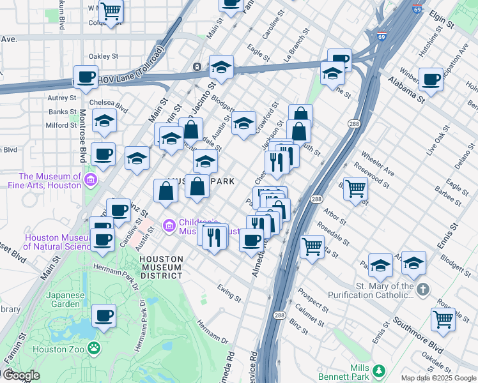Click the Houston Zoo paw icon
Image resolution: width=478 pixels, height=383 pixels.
(x=95, y=348)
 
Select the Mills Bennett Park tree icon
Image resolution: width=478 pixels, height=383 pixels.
(x=379, y=370)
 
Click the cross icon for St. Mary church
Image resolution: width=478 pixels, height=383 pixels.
(x=422, y=290)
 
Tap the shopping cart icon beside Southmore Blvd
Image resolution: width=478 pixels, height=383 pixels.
(x=443, y=319)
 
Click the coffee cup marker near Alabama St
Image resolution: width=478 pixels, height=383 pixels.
(x=431, y=79)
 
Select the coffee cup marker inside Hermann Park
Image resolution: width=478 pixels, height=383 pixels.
(x=104, y=315)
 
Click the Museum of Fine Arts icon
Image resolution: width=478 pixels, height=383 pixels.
(x=90, y=181)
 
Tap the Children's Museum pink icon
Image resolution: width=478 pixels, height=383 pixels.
(x=169, y=225)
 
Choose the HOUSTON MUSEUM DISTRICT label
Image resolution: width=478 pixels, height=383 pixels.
(x=162, y=267)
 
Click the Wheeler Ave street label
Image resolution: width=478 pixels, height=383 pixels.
(x=378, y=164)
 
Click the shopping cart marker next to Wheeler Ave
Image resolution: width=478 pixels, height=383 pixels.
(x=355, y=188)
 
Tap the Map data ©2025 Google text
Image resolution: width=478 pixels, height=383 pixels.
(x=438, y=378)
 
